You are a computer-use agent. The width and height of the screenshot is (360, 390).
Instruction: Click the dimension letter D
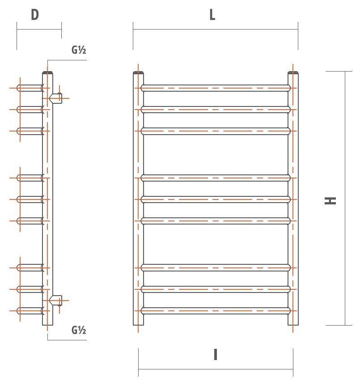pos(35,15)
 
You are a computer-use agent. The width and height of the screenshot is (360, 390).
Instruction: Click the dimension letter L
pos(212,15)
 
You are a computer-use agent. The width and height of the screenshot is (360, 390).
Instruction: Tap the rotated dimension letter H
pos(330,201)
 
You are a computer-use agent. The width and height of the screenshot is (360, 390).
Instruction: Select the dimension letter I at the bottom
pos(215,355)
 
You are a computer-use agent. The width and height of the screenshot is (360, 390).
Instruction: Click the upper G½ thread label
pos(79,50)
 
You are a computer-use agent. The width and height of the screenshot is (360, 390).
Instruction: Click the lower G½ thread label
pos(79,331)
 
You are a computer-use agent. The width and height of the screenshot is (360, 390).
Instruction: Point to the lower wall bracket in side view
pos(57,300)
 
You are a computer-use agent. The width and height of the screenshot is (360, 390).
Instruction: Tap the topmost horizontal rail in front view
pos(215,88)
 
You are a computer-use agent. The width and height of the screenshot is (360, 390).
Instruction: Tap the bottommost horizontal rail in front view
pos(215,310)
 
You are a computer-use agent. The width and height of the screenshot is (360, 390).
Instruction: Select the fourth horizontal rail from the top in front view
pos(215,178)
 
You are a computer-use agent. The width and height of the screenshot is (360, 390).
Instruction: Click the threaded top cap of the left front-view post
pos(139,72)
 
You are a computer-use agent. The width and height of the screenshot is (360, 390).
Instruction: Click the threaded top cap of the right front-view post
pos(293,72)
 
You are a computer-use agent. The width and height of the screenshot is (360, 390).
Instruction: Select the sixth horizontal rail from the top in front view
pos(215,220)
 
